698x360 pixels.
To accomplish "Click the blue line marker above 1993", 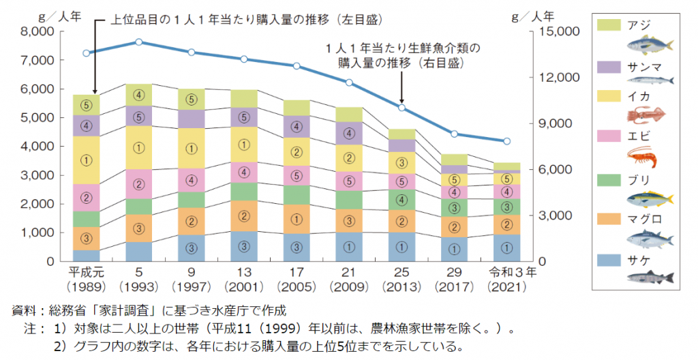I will tap(139, 42).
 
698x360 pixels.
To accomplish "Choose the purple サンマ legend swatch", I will tap(608, 66).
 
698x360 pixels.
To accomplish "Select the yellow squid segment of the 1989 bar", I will tap(86, 160).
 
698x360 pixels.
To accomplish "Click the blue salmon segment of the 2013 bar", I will tap(402, 247).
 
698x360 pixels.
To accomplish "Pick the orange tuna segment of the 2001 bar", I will tap(244, 216).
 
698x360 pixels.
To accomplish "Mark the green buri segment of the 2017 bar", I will tap(455, 207).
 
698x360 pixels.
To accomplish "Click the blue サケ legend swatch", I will tap(608, 260).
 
